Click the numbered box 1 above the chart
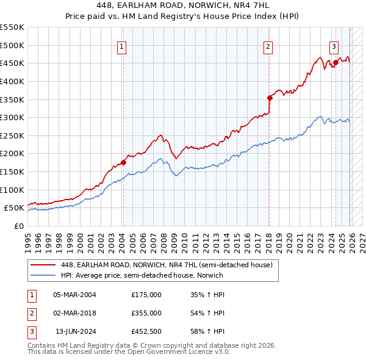pyautogui.click(x=122, y=46)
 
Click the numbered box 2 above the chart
pyautogui.click(x=268, y=46)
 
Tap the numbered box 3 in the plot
pyautogui.click(x=334, y=46)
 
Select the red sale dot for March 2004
pyautogui.click(x=123, y=162)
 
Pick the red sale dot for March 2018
pyautogui.click(x=270, y=97)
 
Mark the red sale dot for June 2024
pyautogui.click(x=335, y=62)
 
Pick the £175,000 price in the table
pyautogui.click(x=146, y=295)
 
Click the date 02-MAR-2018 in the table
pyautogui.click(x=75, y=313)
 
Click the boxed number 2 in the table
pyautogui.click(x=30, y=313)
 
